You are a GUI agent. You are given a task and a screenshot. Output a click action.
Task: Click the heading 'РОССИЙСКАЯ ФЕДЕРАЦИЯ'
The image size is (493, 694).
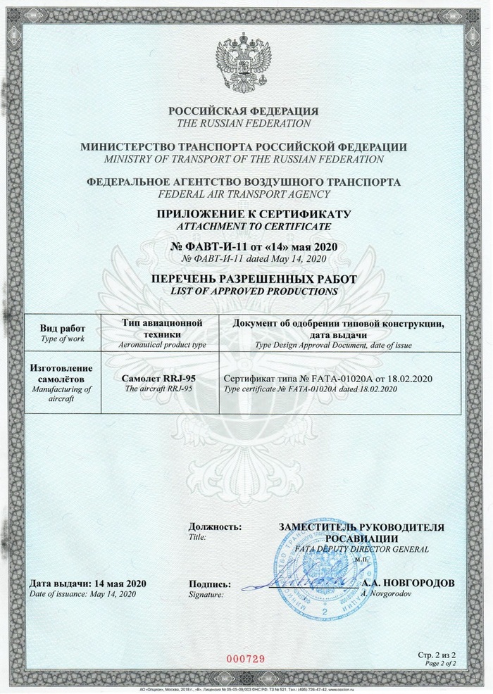click(244, 111)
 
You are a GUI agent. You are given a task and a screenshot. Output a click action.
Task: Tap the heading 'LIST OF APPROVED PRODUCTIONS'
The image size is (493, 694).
click(244, 291)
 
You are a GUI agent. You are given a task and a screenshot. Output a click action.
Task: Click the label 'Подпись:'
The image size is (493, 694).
click(210, 583)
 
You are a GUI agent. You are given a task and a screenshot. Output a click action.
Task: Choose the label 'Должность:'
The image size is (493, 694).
click(215, 526)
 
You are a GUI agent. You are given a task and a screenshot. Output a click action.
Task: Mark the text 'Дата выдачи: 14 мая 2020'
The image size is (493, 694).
click(87, 583)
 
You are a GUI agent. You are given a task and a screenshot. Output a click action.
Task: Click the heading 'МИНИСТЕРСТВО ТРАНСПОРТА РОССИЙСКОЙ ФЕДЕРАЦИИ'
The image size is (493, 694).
click(244, 147)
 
